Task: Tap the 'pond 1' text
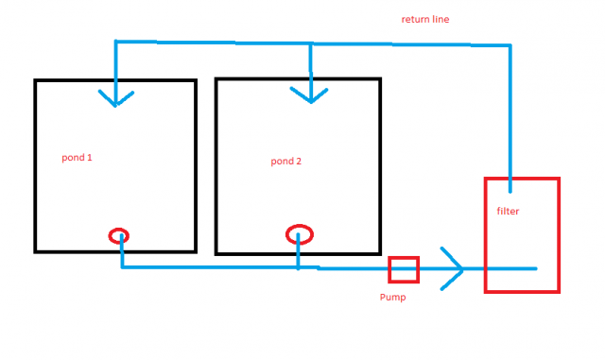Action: (x=78, y=157)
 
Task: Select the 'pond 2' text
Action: (x=285, y=161)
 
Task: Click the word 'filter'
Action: (x=508, y=211)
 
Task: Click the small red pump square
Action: (x=403, y=269)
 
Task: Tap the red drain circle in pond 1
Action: (x=119, y=235)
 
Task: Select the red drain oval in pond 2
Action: (x=299, y=233)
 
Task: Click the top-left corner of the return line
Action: (x=115, y=42)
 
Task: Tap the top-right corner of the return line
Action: (x=510, y=44)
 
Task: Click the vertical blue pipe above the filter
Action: (x=510, y=113)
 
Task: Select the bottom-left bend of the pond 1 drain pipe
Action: (x=122, y=266)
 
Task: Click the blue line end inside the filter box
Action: (x=535, y=268)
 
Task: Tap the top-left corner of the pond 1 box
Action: (x=36, y=81)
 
